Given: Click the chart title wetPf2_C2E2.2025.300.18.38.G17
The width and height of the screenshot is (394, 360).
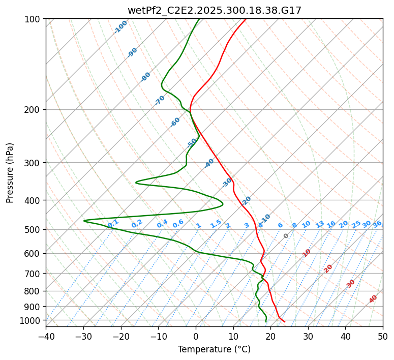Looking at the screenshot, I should click(x=214, y=10).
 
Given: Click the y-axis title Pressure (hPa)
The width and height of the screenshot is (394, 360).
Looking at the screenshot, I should click(x=10, y=173).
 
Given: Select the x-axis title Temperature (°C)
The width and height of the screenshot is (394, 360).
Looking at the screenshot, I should click(x=214, y=349).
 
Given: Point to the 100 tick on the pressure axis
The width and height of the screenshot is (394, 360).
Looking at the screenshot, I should click(x=34, y=19).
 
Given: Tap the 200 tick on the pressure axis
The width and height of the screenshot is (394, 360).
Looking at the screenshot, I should click(x=34, y=110).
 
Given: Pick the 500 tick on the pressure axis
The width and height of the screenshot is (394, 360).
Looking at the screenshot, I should click(x=34, y=229).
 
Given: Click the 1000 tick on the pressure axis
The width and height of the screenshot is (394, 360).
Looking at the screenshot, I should click(x=32, y=320).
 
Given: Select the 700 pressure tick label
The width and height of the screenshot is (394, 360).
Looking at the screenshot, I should click(x=34, y=274).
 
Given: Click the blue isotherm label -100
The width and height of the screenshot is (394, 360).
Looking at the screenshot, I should click(x=121, y=27).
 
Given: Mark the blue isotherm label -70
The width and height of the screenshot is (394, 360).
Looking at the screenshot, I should click(x=160, y=100).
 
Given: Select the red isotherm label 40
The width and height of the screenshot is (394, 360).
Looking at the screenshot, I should click(x=373, y=299).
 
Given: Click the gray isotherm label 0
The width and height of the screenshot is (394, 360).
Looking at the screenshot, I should click(x=286, y=236).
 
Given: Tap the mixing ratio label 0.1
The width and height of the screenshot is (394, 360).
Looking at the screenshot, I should click(x=113, y=223).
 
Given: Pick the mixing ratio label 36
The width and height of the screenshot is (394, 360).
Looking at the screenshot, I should click(x=377, y=224).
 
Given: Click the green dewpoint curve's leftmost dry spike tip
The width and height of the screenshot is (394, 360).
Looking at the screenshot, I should click(x=84, y=221).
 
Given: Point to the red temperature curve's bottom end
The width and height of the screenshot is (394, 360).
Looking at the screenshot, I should click(x=285, y=322).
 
